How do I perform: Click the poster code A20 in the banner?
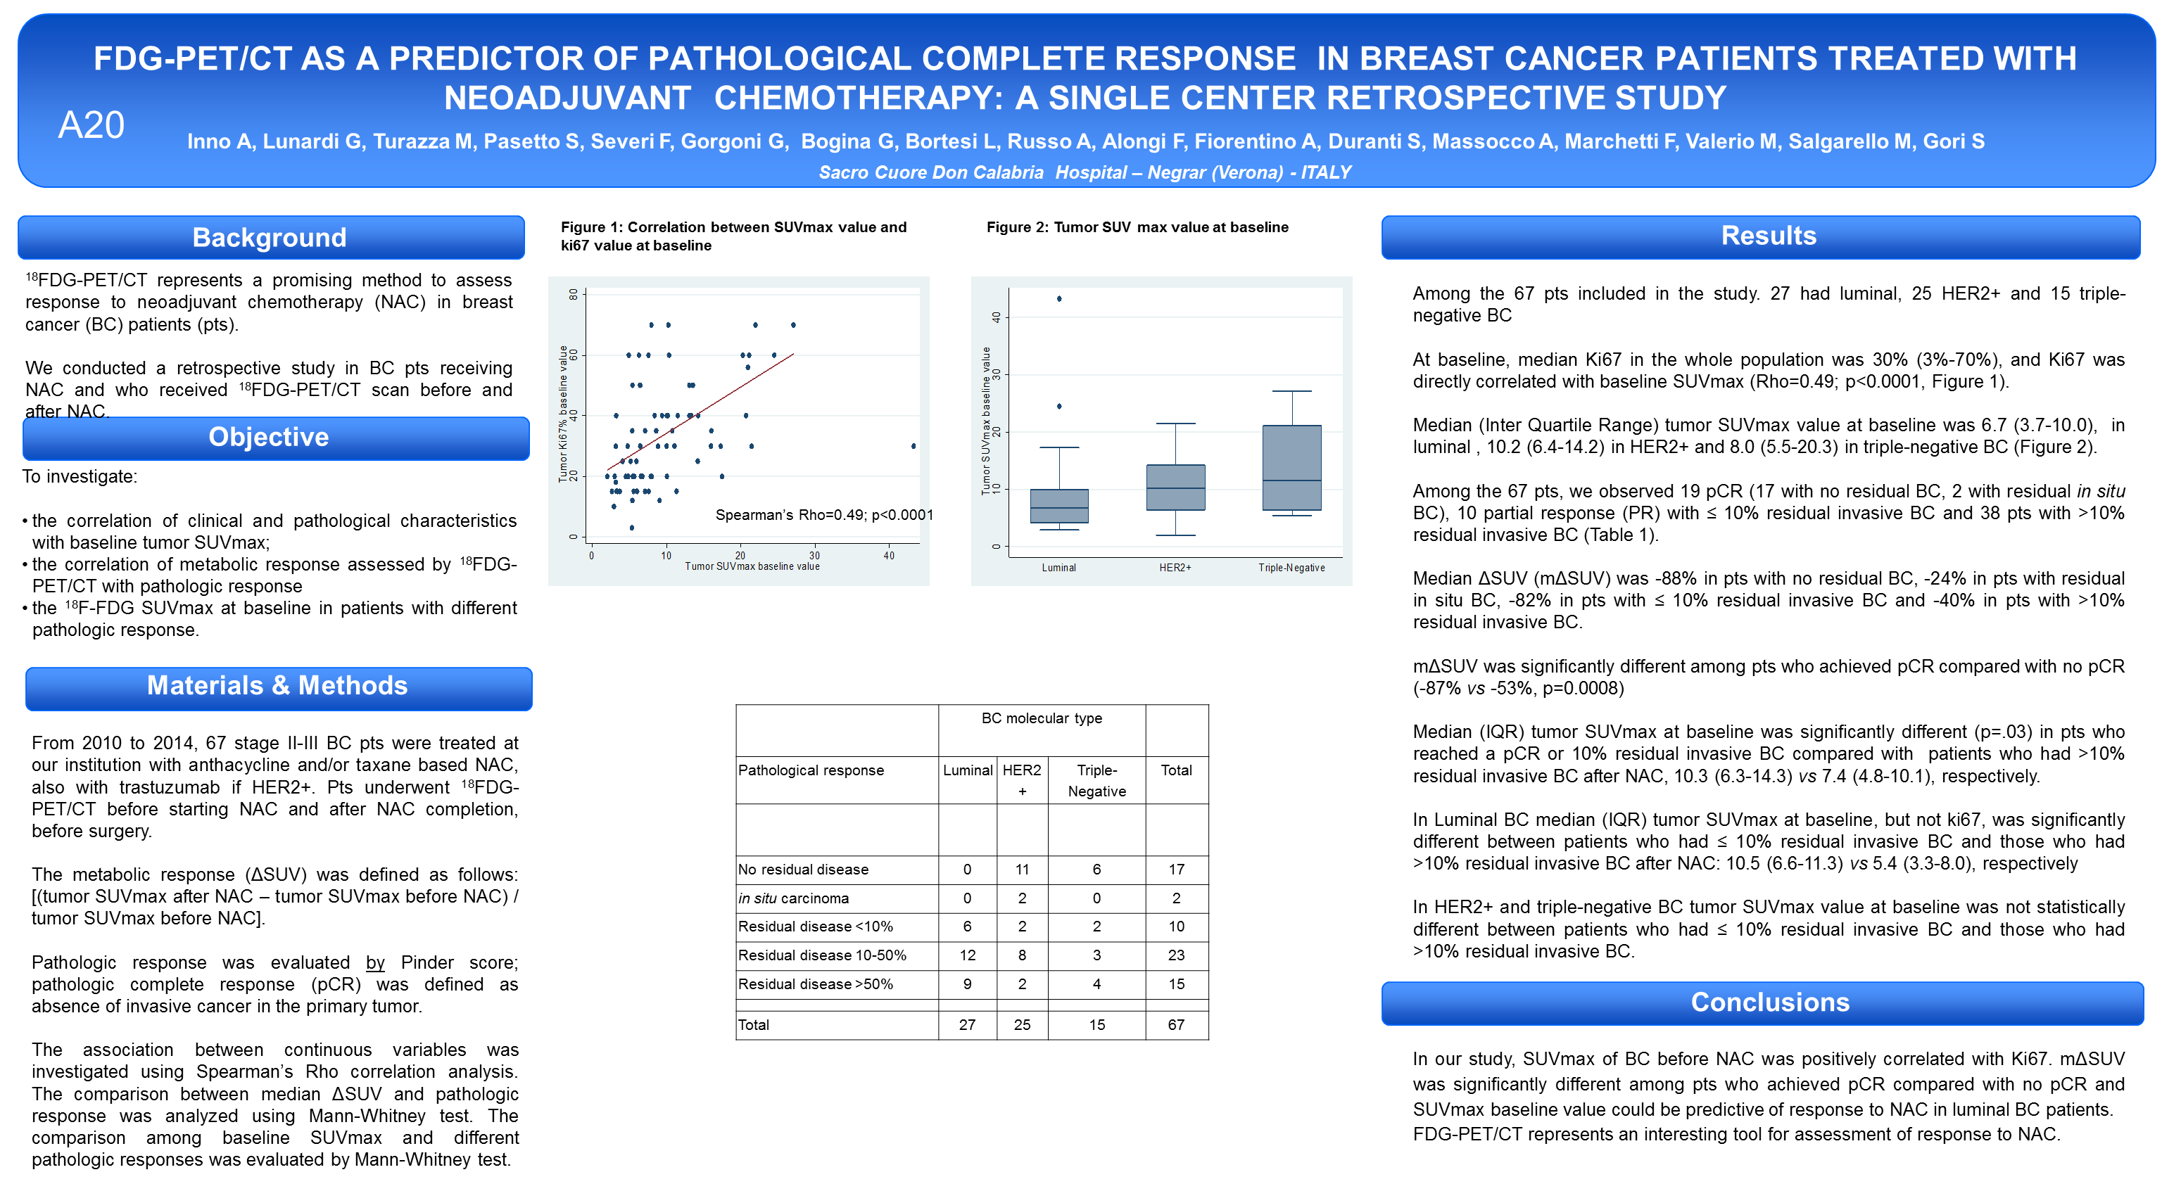[x=91, y=125]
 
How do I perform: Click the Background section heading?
[x=270, y=237]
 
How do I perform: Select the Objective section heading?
[x=269, y=437]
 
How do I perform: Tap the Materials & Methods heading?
[x=277, y=685]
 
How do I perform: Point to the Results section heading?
[x=1769, y=236]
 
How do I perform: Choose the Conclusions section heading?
[x=1769, y=1002]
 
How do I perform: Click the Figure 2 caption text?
[x=1137, y=227]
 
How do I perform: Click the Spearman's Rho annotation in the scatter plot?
[x=823, y=514]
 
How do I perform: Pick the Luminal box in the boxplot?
[x=1059, y=506]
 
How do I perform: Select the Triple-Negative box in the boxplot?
[x=1291, y=467]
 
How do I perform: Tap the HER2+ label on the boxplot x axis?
[x=1175, y=568]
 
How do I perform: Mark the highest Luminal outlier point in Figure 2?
[x=1059, y=299]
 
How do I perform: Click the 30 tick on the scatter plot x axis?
[x=814, y=555]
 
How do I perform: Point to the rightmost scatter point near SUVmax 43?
[x=913, y=446]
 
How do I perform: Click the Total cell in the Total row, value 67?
[x=1176, y=1024]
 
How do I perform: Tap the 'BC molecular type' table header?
[x=1042, y=718]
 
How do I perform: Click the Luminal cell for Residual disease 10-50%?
[x=967, y=955]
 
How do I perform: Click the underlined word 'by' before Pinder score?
[x=375, y=962]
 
